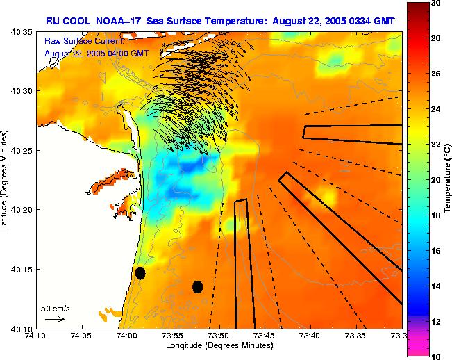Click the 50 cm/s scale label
[56, 308]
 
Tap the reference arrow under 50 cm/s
[55, 319]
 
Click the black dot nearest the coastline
[140, 273]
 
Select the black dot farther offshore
[197, 286]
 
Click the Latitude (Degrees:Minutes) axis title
[6, 180]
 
